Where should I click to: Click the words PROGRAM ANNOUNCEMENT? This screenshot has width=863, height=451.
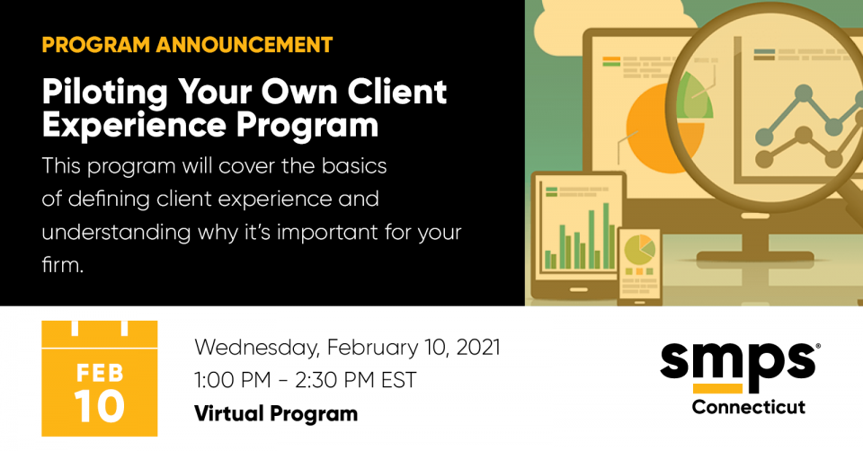point(187,45)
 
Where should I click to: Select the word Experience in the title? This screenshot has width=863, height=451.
point(134,126)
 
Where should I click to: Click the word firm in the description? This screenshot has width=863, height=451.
point(62,265)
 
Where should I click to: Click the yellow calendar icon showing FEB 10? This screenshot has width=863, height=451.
point(100,378)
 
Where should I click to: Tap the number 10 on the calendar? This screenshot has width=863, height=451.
point(99,406)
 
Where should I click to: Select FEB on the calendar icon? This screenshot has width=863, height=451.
point(100,373)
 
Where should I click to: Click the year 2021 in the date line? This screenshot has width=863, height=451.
point(478,348)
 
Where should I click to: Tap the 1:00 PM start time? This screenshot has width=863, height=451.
point(233,380)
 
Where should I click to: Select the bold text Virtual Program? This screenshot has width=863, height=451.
point(276,413)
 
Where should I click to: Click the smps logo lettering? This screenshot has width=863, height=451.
point(737,360)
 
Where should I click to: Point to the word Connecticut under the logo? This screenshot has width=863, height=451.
point(749,407)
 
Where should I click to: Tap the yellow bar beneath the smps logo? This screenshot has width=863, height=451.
point(717,389)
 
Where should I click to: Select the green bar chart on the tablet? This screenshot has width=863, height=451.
point(580,236)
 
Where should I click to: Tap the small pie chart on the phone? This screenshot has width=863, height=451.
point(639,251)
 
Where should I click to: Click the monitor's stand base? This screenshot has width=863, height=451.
point(755,257)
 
